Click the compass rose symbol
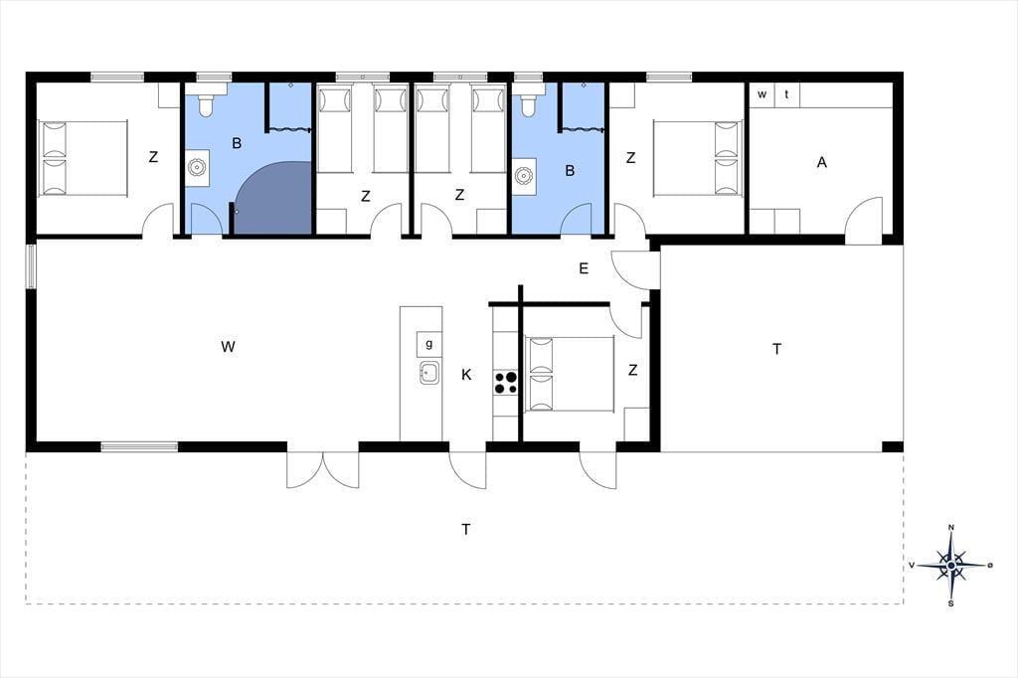click(951, 565)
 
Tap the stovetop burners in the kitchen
click(506, 383)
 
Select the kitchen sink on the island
click(428, 373)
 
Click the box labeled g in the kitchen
click(429, 344)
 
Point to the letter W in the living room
click(228, 347)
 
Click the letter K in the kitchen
click(466, 375)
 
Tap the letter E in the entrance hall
click(584, 268)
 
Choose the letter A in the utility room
click(822, 162)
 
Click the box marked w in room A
click(763, 94)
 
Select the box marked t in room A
click(787, 94)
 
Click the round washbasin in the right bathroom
click(523, 175)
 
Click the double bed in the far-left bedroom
click(83, 158)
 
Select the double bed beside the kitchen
click(570, 374)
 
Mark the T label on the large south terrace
click(465, 529)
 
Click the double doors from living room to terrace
click(323, 469)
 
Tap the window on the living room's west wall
click(31, 265)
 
